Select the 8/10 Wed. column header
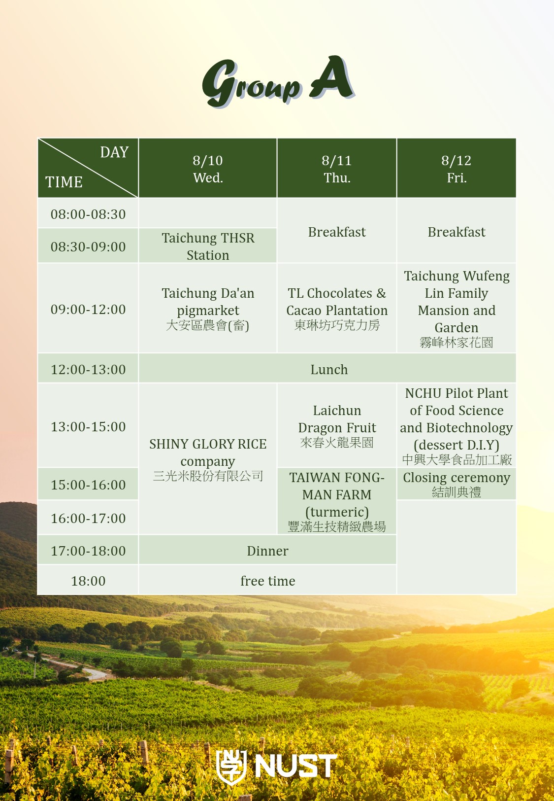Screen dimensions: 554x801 [207, 168]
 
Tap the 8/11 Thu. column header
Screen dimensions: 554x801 [336, 168]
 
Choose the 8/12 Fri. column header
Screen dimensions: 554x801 [456, 168]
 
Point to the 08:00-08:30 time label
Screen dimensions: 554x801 [88, 214]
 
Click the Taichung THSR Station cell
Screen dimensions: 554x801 [207, 246]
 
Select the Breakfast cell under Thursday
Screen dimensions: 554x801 [336, 231]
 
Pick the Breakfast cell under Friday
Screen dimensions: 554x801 [456, 231]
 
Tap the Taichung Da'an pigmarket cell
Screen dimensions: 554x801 [207, 308]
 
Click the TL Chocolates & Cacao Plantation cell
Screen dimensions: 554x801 [336, 308]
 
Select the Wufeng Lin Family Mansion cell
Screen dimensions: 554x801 [456, 308]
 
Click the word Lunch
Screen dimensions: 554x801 [329, 369]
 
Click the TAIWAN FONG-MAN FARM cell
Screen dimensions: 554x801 [336, 501]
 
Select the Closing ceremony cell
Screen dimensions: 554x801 [456, 484]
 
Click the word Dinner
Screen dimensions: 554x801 [267, 551]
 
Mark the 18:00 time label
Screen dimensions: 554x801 [88, 581]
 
